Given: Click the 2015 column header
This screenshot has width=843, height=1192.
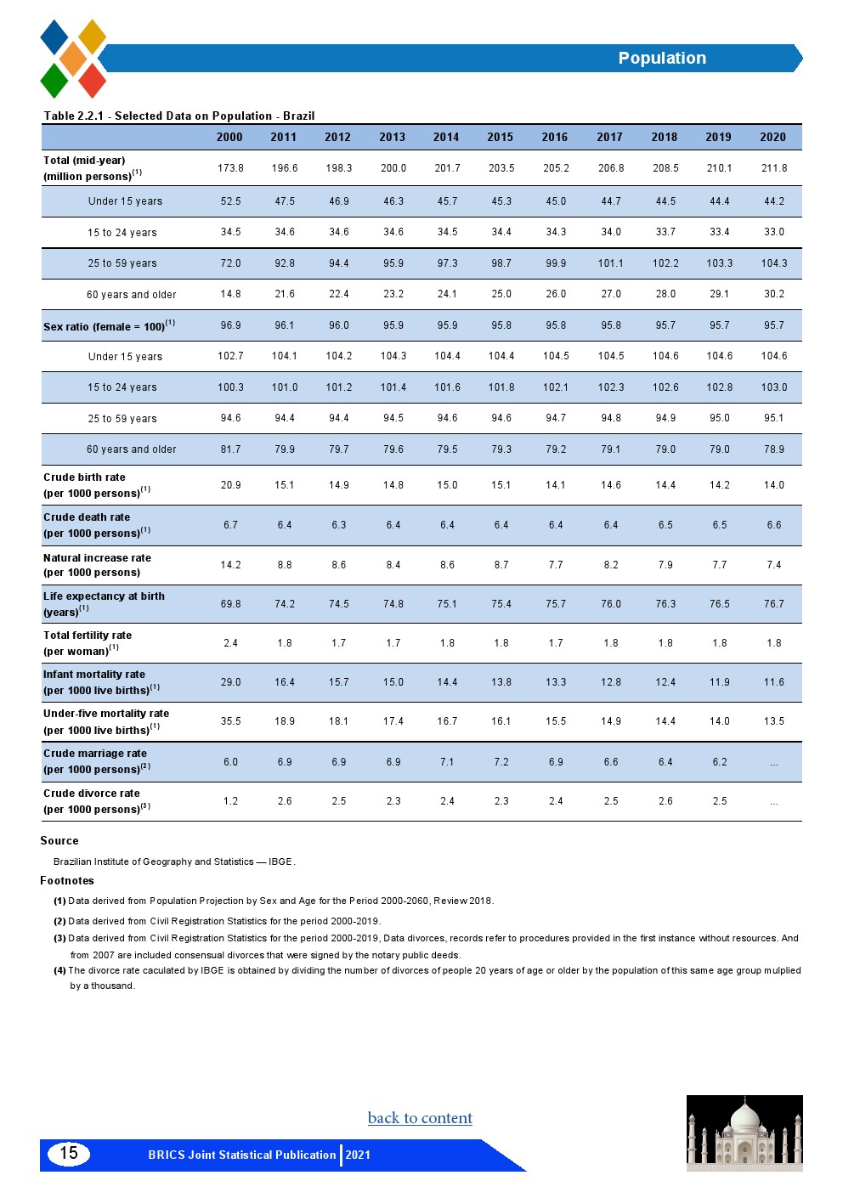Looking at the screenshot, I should coord(500,137).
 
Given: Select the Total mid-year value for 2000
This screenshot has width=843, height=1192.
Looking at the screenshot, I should coord(230,168).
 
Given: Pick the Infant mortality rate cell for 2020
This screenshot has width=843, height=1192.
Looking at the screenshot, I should coord(773,682).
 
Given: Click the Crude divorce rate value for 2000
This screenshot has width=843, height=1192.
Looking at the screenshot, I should coord(230,801).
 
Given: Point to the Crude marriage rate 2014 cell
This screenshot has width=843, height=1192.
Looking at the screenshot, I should coord(447,762).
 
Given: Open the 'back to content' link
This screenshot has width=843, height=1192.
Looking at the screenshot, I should coord(420,1118).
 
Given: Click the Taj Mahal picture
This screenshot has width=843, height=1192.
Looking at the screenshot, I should coord(744,1133).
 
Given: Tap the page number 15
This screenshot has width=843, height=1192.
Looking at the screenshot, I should coord(69,1153).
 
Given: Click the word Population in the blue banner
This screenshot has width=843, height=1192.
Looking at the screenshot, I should coord(662,58).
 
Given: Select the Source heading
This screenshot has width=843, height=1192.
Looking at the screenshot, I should coord(59,840).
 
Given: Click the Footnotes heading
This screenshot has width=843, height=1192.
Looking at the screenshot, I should coord(67,880).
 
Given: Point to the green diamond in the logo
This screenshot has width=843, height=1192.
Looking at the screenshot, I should coord(54,81).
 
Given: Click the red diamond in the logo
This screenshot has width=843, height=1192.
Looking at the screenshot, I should coord(93,81).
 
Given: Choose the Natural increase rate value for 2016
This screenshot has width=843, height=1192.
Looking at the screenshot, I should coord(556,565).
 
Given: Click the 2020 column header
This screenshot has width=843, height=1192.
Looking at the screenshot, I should coord(772,137).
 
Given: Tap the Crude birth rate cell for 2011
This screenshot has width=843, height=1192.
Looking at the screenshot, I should coord(284,485).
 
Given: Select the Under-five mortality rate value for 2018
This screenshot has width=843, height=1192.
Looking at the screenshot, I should coord(665,721).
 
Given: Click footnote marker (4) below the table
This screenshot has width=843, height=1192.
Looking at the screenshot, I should coord(59,970).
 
